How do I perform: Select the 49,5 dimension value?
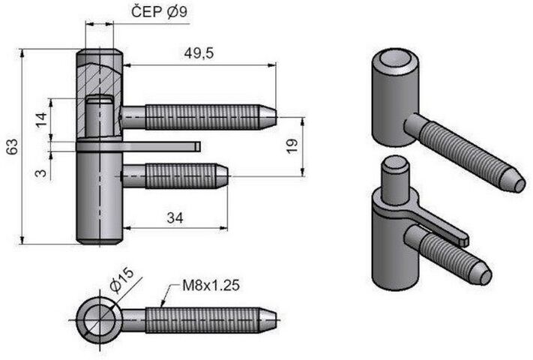click(199, 52)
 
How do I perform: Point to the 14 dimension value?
click(40, 118)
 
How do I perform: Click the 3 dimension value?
click(40, 172)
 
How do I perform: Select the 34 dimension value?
click(175, 218)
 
